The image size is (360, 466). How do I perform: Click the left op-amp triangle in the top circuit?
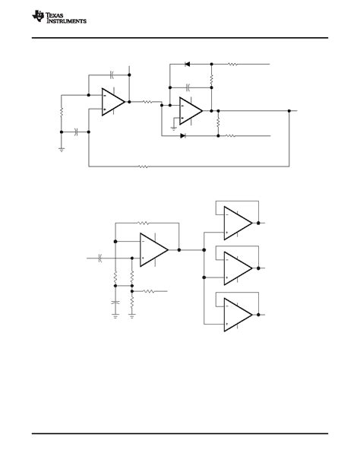[114, 101]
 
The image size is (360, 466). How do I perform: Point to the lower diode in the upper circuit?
[183, 136]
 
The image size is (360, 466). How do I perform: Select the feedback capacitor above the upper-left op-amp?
[112, 74]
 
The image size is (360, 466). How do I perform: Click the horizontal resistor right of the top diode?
[232, 65]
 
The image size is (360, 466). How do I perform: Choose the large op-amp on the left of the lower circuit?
[154, 249]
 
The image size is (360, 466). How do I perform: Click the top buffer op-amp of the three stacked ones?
[238, 223]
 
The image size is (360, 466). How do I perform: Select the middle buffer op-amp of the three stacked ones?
[238, 267]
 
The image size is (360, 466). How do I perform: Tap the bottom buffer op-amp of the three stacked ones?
[238, 311]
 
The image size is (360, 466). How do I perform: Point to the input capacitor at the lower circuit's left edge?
[100, 258]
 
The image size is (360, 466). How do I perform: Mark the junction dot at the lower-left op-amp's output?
[179, 249]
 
